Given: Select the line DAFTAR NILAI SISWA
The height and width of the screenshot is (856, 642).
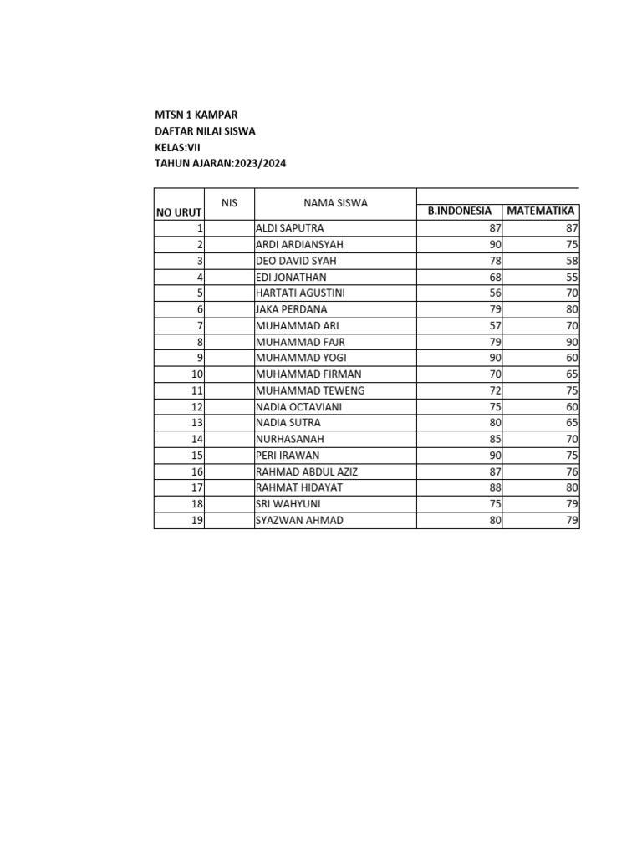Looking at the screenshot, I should (206, 131).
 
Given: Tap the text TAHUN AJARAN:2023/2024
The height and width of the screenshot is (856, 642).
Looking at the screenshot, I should (221, 164).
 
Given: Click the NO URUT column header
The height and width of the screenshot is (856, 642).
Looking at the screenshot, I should (180, 213).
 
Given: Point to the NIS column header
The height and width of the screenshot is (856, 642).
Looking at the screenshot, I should (230, 203).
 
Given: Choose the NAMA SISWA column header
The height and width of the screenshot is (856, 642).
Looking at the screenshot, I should (335, 203).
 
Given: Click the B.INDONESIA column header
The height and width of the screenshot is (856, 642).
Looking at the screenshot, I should (460, 211).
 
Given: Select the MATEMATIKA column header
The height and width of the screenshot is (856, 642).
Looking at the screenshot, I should (541, 211).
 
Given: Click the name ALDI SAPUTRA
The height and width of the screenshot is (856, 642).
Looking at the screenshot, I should (289, 228).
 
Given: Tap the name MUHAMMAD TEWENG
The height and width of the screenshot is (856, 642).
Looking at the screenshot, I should (310, 390).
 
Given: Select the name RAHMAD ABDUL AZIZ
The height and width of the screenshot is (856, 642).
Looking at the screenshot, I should (307, 471).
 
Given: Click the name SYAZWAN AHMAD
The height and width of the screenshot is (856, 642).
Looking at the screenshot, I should (299, 521).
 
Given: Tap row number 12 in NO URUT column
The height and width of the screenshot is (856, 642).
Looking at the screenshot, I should (198, 407).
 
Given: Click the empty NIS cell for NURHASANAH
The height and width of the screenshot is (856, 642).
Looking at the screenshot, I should (230, 439).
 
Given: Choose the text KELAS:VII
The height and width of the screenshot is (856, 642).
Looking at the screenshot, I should (178, 148).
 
